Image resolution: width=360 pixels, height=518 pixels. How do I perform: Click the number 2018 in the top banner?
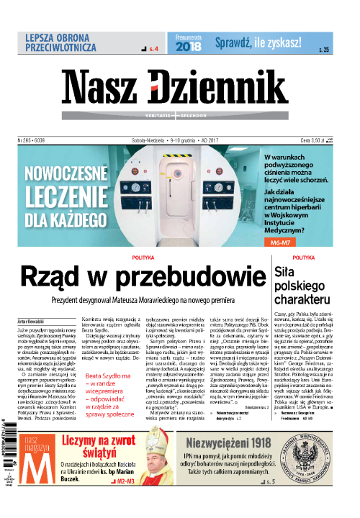189,46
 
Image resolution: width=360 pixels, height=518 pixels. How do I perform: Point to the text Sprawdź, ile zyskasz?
257,43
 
